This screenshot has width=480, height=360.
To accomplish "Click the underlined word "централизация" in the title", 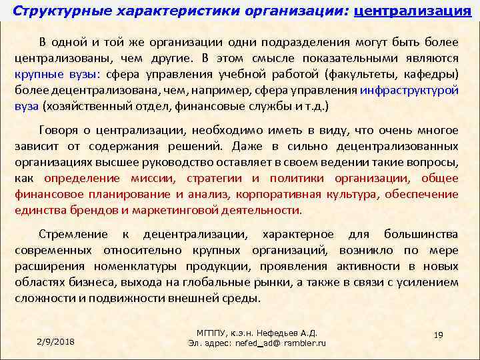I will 413,11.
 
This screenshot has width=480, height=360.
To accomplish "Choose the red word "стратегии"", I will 215,178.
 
